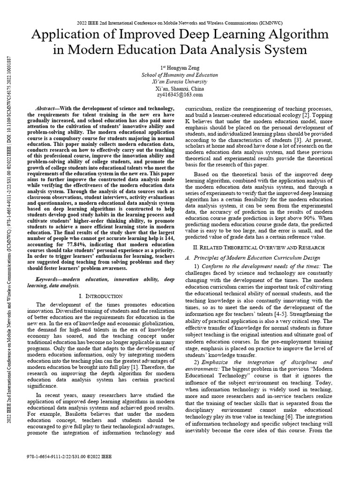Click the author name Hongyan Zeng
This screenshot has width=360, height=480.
coord(180,68)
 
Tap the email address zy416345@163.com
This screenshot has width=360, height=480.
coord(180,95)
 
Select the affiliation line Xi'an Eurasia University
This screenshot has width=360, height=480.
coord(180,82)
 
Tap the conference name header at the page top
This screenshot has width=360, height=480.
coord(180,22)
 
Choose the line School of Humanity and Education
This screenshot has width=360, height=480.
coord(180,75)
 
